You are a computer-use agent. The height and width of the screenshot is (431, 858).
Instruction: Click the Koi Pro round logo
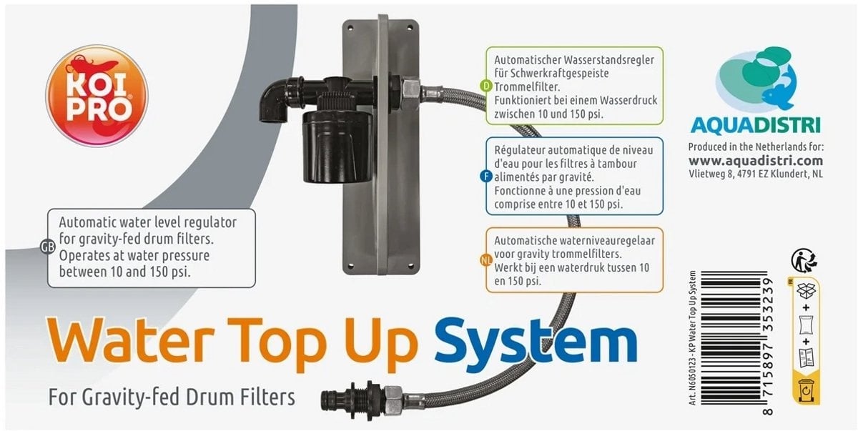click(x=97, y=96)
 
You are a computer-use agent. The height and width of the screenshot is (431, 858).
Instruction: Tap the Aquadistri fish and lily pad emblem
click(x=756, y=79)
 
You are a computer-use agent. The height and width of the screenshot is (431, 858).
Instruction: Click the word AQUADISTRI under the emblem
click(x=756, y=125)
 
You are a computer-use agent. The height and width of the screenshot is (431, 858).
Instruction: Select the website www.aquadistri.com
click(x=756, y=160)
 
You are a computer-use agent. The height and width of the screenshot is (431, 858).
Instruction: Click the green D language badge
click(x=486, y=86)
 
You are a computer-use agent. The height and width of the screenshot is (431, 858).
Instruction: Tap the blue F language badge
click(x=486, y=177)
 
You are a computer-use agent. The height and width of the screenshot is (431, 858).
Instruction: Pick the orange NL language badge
click(x=485, y=261)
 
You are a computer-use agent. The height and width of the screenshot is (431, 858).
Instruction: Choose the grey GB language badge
click(x=48, y=247)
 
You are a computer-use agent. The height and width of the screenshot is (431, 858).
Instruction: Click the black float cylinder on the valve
click(x=337, y=147)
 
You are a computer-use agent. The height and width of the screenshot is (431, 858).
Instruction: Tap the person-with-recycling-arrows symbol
click(x=804, y=260)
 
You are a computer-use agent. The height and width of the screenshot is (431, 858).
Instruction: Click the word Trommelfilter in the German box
click(x=527, y=86)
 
